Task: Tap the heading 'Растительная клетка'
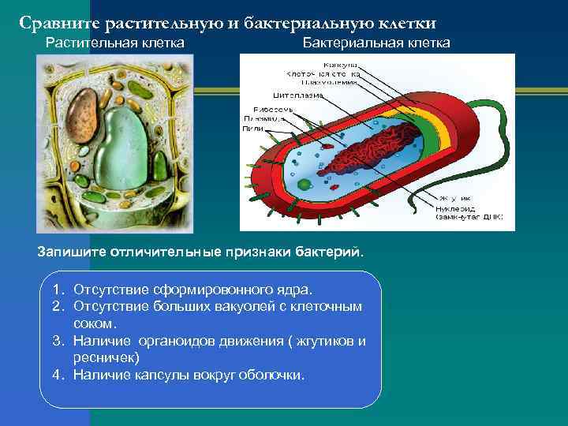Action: click(114, 43)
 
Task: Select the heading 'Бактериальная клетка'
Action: click(376, 43)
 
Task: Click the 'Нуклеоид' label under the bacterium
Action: click(457, 208)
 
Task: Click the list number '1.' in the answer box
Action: click(58, 290)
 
